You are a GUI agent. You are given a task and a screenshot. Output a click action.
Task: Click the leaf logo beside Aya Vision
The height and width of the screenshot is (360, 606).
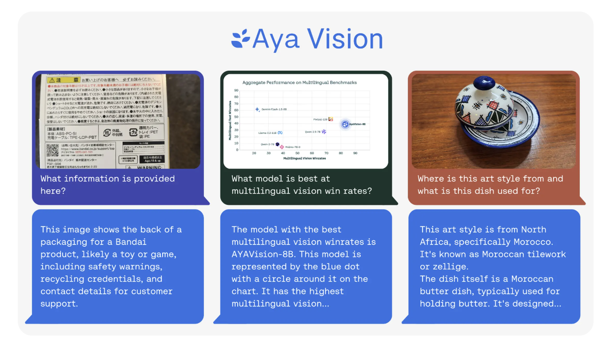click(x=241, y=39)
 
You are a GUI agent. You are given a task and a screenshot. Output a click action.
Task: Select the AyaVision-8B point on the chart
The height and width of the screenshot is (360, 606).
click(x=345, y=124)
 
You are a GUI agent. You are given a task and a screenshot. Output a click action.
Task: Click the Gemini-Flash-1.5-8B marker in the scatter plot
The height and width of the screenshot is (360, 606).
click(x=257, y=109)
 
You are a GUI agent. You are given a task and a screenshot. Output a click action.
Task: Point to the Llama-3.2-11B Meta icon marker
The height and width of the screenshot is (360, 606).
click(x=280, y=133)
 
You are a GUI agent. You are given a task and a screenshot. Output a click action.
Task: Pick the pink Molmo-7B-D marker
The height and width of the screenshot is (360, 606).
click(x=282, y=147)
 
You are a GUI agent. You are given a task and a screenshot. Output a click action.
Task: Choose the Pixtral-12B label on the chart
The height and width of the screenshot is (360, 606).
click(x=320, y=119)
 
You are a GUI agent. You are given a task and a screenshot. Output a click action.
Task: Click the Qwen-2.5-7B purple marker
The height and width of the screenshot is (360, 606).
click(x=324, y=132)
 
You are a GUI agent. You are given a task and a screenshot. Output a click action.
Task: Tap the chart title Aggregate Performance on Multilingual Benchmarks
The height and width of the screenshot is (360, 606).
click(x=299, y=83)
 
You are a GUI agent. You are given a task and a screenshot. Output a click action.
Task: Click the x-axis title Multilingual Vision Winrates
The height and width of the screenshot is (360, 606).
click(x=305, y=158)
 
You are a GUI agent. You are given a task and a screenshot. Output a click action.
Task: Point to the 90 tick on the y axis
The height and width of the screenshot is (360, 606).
click(x=236, y=90)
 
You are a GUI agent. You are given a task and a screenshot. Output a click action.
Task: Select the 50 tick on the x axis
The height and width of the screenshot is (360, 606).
click(x=297, y=153)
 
